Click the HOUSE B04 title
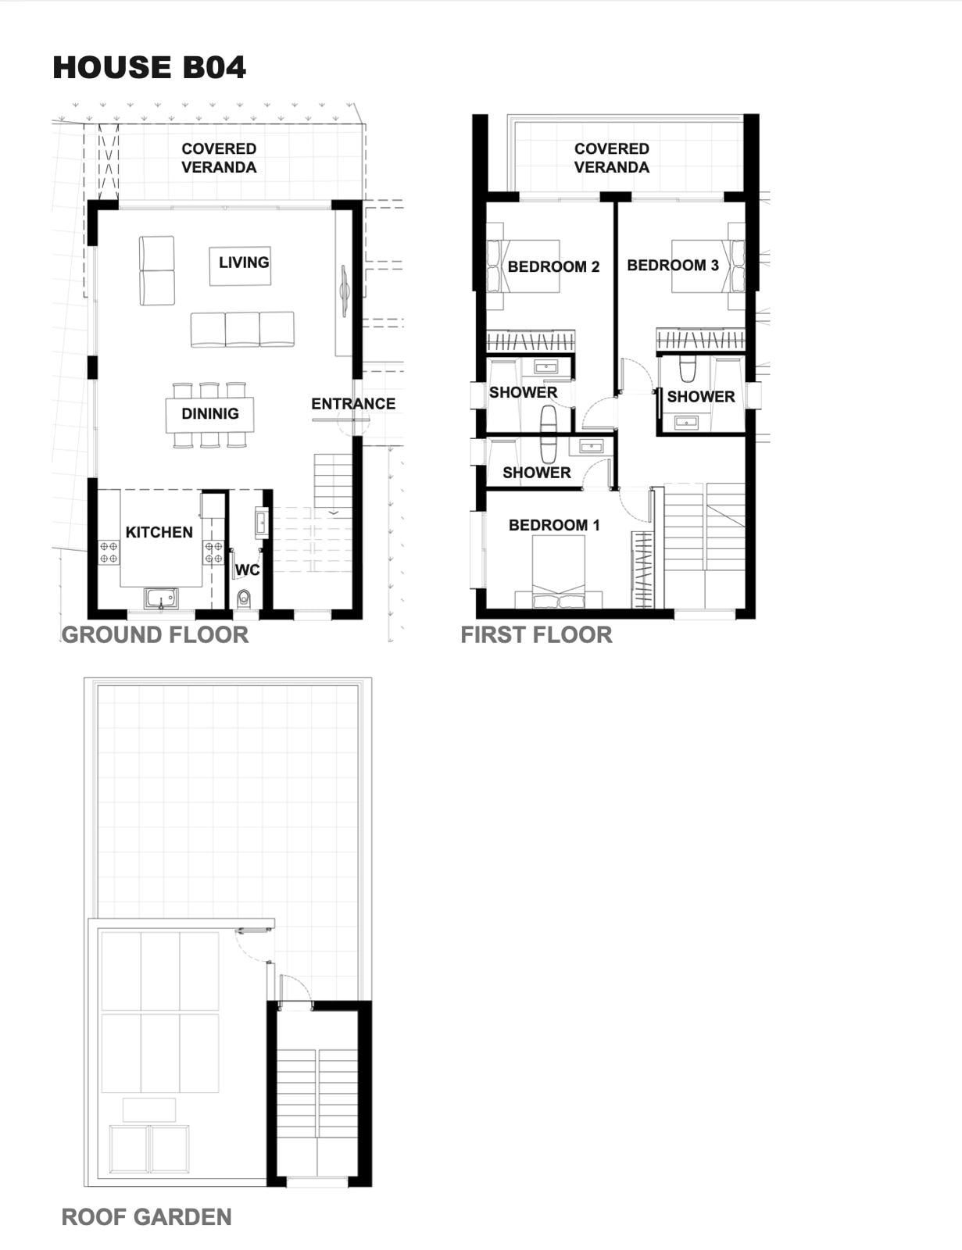(149, 67)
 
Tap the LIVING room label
(244, 262)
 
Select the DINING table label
(210, 413)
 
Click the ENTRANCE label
(353, 404)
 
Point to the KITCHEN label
(159, 532)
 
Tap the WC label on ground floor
(248, 570)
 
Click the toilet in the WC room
(244, 598)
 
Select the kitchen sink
(161, 598)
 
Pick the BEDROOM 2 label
(553, 267)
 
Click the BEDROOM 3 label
(673, 265)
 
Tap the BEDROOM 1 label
(554, 525)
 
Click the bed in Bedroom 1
(559, 572)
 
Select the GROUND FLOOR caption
(155, 635)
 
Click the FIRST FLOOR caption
(536, 635)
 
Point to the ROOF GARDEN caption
(147, 1217)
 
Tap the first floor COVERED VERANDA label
(612, 158)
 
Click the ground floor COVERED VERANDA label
(219, 158)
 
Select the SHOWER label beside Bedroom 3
(701, 396)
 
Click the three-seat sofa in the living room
(242, 330)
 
